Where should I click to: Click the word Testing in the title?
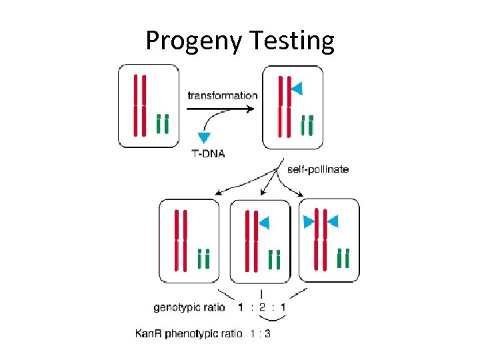pos(294,41)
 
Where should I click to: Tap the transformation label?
pos(222,95)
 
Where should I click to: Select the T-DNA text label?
pos(208,153)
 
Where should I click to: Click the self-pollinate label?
pos(317,169)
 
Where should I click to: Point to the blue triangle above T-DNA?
pos(203,137)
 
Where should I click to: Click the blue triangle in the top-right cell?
pos(297,88)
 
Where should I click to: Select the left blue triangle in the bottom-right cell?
pos(309,222)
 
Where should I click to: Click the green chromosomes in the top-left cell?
pos(162,124)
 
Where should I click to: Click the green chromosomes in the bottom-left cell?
pos(204,258)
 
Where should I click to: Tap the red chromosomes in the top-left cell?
pos(139,105)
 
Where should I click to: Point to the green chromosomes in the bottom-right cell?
pos(343,257)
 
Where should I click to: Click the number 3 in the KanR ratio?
pos(267,333)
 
